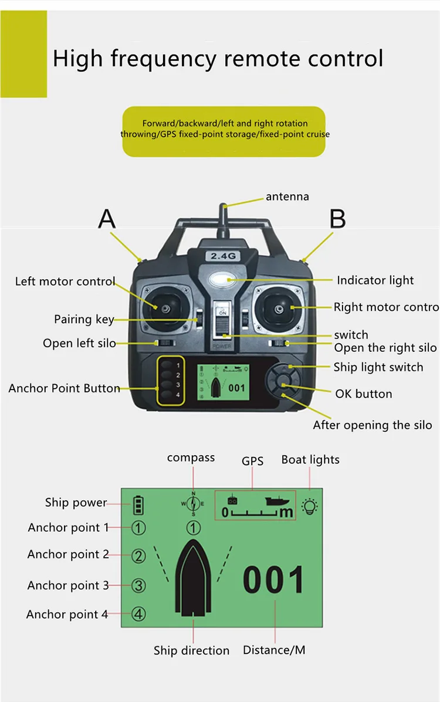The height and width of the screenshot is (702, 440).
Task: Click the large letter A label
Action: [x=107, y=219]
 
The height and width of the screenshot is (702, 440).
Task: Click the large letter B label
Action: [x=337, y=219]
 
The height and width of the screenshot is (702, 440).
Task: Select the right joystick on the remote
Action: [x=277, y=306]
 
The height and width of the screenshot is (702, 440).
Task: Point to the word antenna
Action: [x=287, y=196]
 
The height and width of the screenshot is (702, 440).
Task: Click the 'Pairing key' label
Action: [x=84, y=320]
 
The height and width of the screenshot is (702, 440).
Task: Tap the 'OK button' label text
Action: [x=364, y=394]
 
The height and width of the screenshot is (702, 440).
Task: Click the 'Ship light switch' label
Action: [x=378, y=368]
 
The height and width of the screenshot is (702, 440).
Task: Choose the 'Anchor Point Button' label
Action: [x=65, y=388]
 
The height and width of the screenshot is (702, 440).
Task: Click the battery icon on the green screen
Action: [x=138, y=504]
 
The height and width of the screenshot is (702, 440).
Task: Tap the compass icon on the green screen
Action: [x=193, y=503]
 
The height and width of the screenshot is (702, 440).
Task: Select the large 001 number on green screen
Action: [x=274, y=581]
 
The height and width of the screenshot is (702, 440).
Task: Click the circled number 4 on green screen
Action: [x=138, y=614]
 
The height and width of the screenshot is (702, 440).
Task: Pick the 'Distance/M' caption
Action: [x=274, y=650]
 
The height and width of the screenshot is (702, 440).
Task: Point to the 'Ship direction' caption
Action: [x=192, y=650]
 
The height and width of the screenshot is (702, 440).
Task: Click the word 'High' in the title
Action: [x=78, y=59]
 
